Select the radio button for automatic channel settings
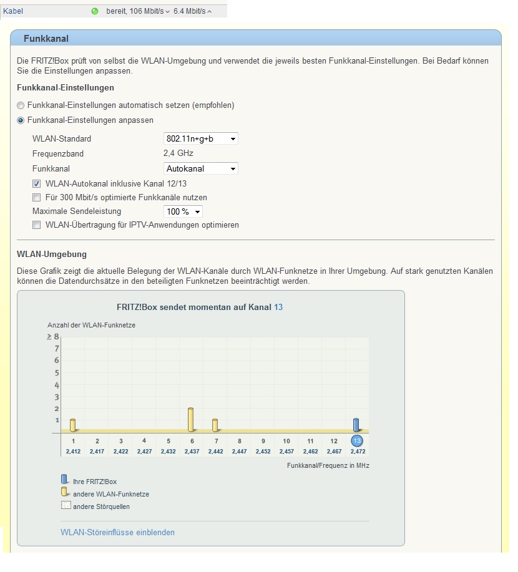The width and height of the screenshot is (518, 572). (21, 105)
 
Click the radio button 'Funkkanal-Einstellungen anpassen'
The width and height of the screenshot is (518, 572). (21, 120)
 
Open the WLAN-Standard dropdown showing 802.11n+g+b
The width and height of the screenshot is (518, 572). (200, 138)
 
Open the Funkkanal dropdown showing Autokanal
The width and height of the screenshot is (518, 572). (200, 168)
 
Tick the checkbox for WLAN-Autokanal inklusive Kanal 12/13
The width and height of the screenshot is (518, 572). (37, 184)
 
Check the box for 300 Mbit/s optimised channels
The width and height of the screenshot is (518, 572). (37, 198)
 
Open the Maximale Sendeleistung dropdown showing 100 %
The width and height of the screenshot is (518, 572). (183, 211)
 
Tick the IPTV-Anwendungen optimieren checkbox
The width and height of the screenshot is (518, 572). (37, 225)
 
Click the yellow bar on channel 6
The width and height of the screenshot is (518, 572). (191, 419)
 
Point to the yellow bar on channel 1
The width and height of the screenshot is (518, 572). (73, 425)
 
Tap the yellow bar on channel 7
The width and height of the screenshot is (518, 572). (215, 425)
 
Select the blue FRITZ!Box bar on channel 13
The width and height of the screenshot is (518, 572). (356, 424)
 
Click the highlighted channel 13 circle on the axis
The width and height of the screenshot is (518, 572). (357, 441)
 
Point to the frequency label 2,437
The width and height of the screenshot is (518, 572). (191, 451)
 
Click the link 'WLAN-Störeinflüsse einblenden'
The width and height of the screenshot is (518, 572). (117, 532)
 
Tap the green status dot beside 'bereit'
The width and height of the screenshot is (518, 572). (95, 11)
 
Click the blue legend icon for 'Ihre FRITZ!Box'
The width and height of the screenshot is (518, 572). (64, 480)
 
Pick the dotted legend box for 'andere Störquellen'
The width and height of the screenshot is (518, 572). (66, 506)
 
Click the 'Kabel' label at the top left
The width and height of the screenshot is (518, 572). (13, 11)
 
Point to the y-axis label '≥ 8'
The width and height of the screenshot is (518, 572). (52, 337)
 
